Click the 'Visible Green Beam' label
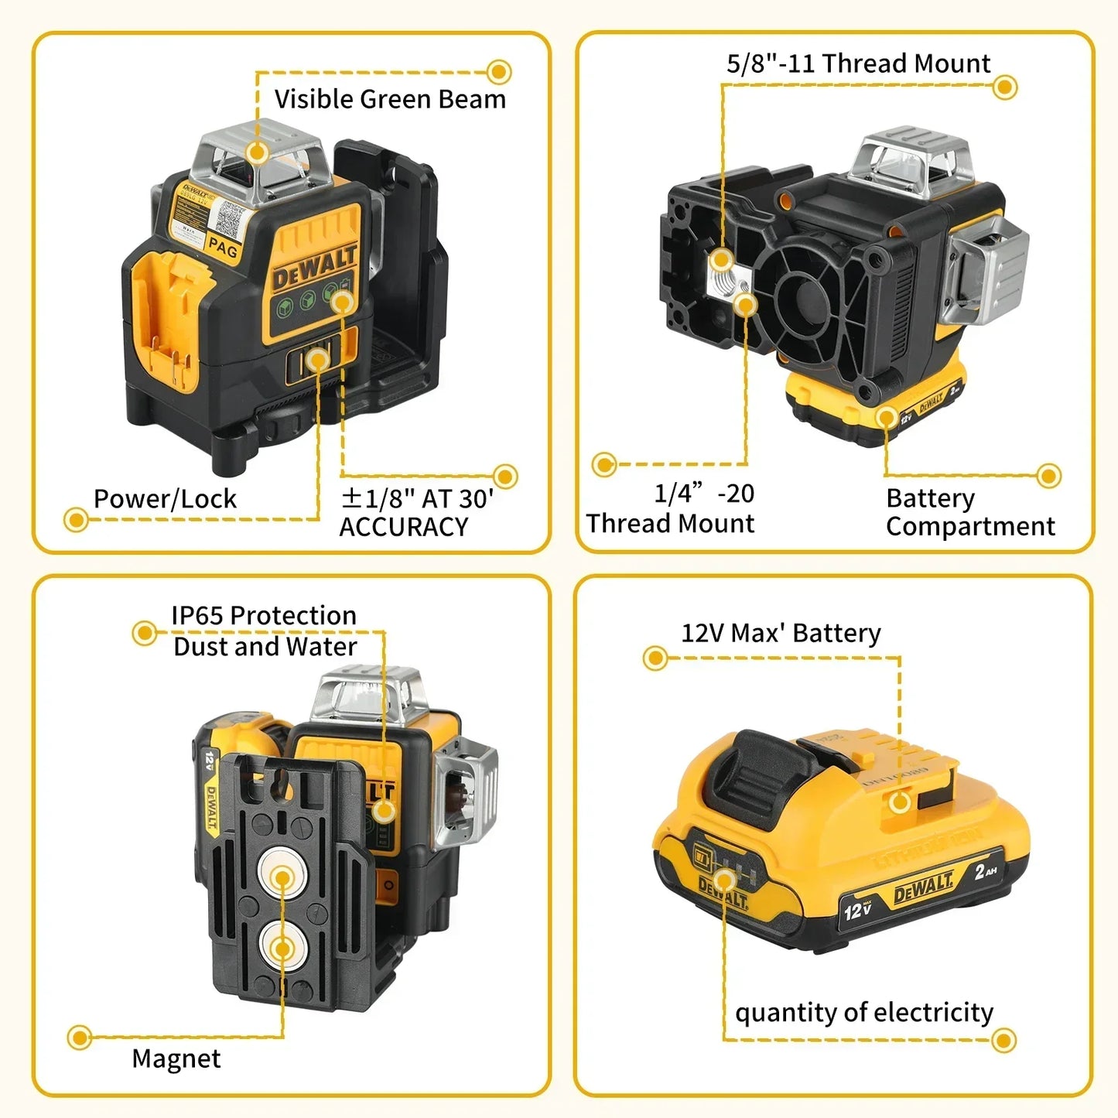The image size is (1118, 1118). pyautogui.click(x=390, y=100)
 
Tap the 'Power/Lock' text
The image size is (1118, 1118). pyautogui.click(x=165, y=499)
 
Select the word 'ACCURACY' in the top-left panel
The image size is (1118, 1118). pyautogui.click(x=403, y=528)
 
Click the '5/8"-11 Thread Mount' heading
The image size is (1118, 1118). pyautogui.click(x=858, y=63)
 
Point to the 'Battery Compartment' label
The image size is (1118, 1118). pyautogui.click(x=969, y=512)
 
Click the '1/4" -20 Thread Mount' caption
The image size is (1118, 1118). pyautogui.click(x=670, y=508)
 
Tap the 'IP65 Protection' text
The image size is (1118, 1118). pyautogui.click(x=264, y=616)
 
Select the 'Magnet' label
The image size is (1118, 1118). pyautogui.click(x=176, y=1058)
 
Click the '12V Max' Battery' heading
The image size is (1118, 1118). pyautogui.click(x=781, y=634)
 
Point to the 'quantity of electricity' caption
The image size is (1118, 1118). pyautogui.click(x=863, y=1013)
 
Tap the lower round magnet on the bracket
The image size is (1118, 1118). pyautogui.click(x=282, y=948)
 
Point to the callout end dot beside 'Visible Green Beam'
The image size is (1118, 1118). pyautogui.click(x=499, y=72)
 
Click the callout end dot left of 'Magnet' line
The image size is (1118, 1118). pyautogui.click(x=80, y=1038)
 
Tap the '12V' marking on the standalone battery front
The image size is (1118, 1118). pyautogui.click(x=857, y=909)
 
